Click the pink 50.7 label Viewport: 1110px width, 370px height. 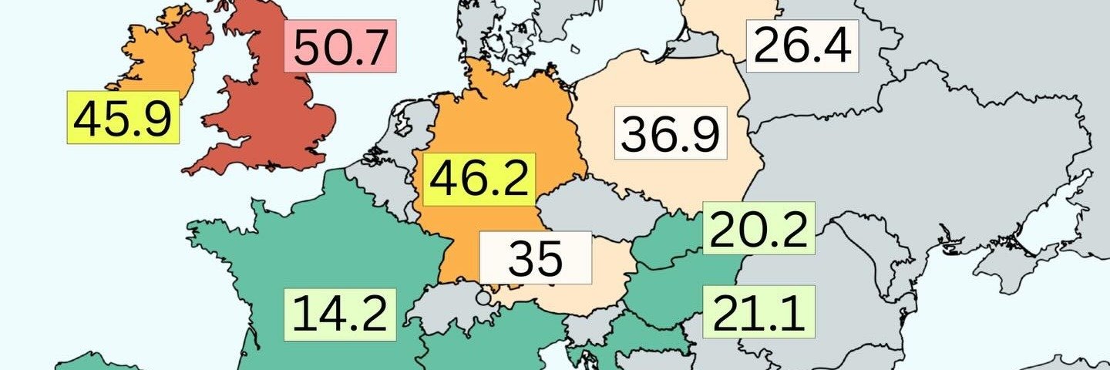tap(340, 47)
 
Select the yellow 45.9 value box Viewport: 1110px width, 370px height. tap(123, 117)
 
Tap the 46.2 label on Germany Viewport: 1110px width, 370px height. tap(479, 180)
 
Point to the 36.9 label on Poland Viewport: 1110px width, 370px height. tap(671, 133)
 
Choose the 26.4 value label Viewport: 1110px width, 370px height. tap(802, 46)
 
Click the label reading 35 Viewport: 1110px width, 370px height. tap(536, 257)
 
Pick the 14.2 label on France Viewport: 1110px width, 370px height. tap(340, 314)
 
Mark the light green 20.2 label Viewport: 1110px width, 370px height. tap(759, 229)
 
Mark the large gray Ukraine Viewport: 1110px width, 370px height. tap(925, 154)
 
